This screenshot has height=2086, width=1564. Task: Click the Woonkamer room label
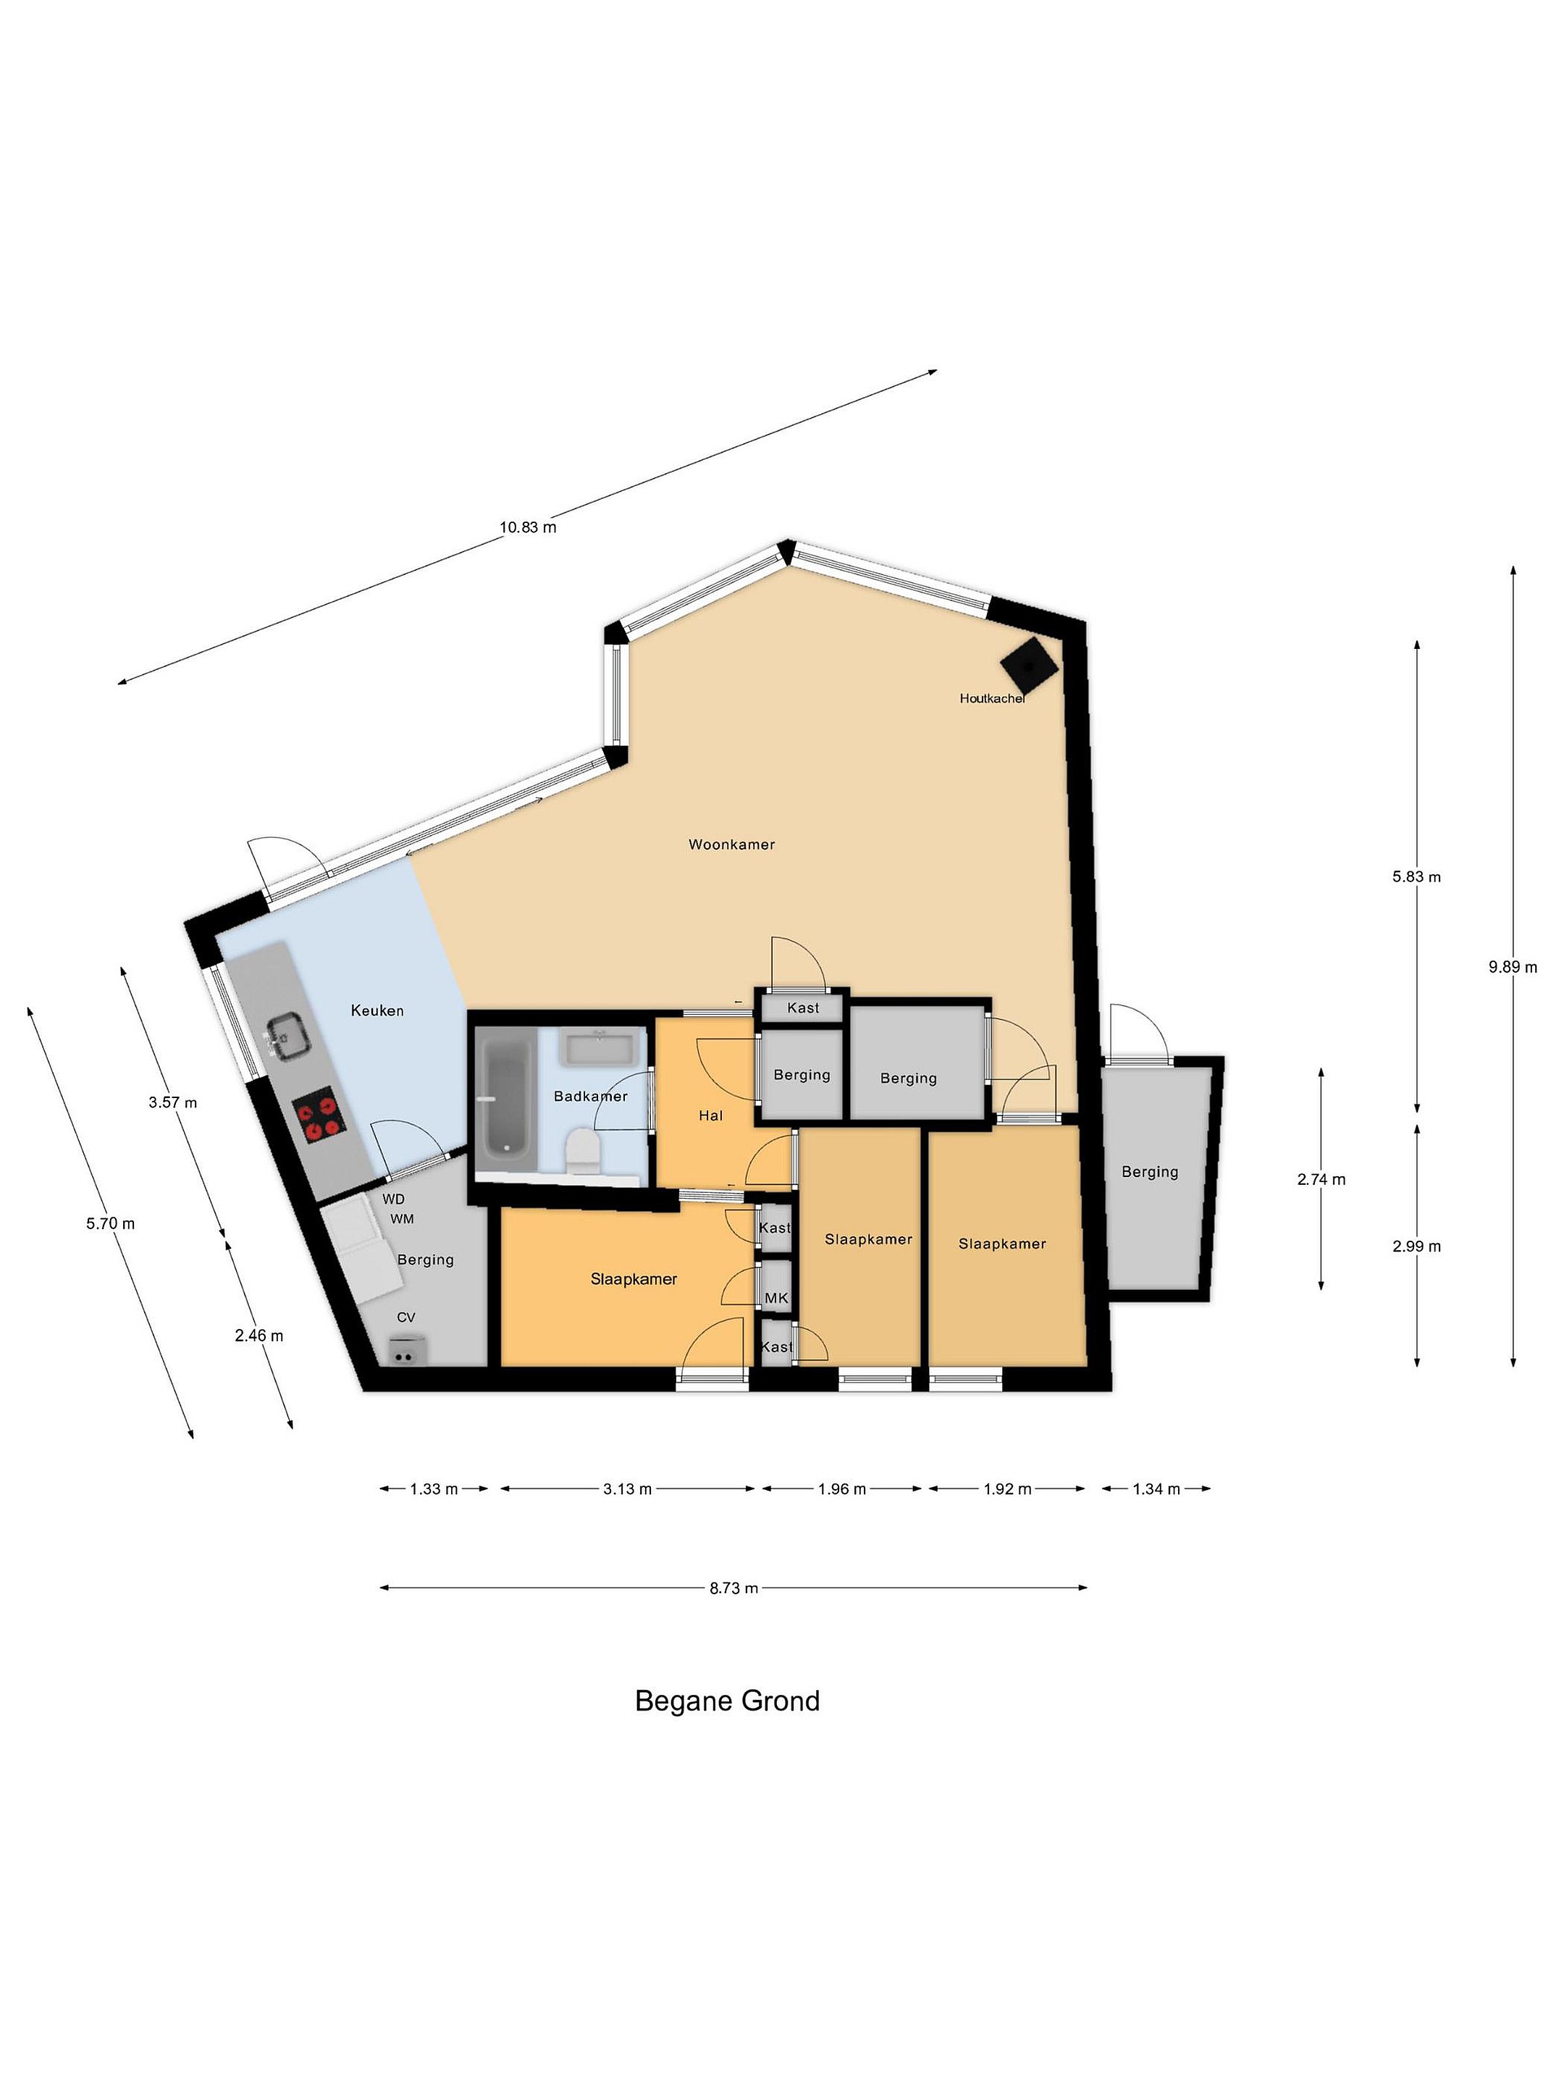[x=731, y=844]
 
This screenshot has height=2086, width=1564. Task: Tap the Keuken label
[x=377, y=1010]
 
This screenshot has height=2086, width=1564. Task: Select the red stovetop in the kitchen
[x=316, y=1115]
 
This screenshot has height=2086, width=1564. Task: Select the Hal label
[x=711, y=1115]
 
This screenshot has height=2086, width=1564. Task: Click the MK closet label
[x=776, y=1299]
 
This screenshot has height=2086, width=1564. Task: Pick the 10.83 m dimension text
[x=528, y=527]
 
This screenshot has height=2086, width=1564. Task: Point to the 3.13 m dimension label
[x=627, y=1489]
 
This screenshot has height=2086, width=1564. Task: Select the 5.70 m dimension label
[x=110, y=1223]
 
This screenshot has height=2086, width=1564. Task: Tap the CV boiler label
[x=405, y=1318]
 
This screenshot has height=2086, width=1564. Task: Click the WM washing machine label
[x=402, y=1218]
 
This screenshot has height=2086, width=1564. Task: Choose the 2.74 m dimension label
[x=1321, y=1178]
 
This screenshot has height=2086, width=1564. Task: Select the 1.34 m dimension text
[x=1156, y=1489]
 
